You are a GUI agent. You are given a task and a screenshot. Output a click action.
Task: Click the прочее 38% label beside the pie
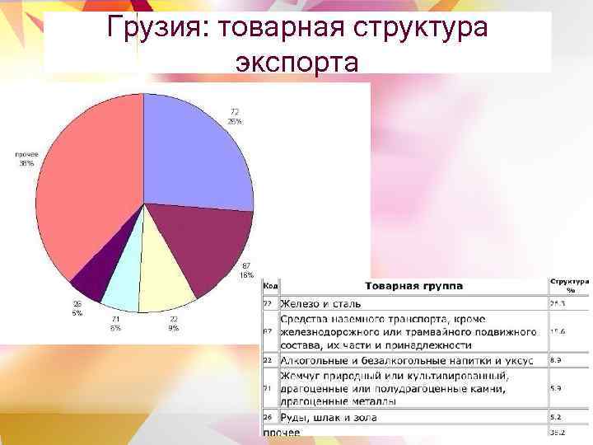pos(26,158)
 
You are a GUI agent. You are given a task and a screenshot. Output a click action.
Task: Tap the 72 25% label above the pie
pos(235,116)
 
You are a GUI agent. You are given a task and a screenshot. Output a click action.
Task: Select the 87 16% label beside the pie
pos(246,270)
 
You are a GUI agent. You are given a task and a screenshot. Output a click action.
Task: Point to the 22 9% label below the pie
pos(174,323)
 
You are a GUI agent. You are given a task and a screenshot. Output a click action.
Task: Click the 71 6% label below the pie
pos(115,323)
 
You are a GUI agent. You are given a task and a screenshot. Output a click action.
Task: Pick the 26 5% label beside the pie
pos(77,308)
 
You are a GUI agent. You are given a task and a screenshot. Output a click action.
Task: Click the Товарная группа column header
pos(413,286)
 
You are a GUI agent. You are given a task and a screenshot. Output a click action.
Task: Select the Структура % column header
pos(569,284)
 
